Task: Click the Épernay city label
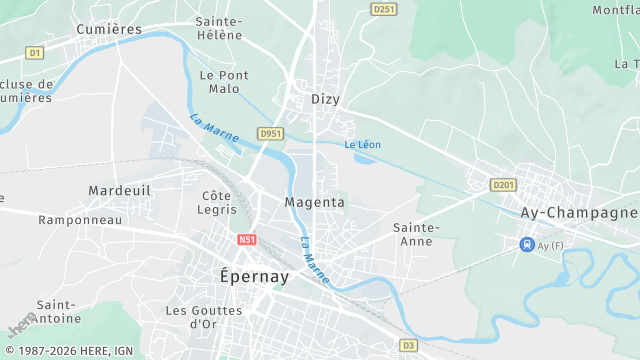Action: pyautogui.click(x=254, y=276)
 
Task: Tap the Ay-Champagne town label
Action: pyautogui.click(x=579, y=213)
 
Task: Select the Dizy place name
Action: pyautogui.click(x=326, y=99)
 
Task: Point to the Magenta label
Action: pyautogui.click(x=315, y=202)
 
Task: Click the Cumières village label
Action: pyautogui.click(x=110, y=29)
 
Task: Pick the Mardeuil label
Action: pyautogui.click(x=119, y=190)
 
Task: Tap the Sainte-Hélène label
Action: pyautogui.click(x=219, y=28)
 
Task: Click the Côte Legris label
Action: pyautogui.click(x=219, y=203)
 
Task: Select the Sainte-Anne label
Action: pyautogui.click(x=416, y=234)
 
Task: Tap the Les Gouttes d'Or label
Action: pyautogui.click(x=204, y=317)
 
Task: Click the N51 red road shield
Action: pyautogui.click(x=248, y=240)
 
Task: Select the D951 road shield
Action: pyautogui.click(x=270, y=133)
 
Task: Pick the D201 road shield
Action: pyautogui.click(x=503, y=185)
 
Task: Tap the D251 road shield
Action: pyautogui.click(x=382, y=9)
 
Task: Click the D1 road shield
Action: pyautogui.click(x=35, y=52)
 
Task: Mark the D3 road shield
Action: pyautogui.click(x=407, y=345)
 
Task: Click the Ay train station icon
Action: pyautogui.click(x=526, y=245)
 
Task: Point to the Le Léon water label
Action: pyautogui.click(x=362, y=145)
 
